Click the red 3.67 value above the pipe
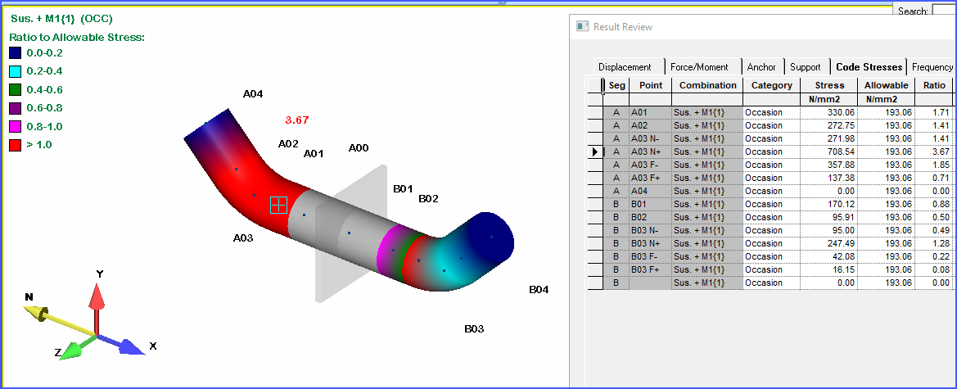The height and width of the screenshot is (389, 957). [296, 120]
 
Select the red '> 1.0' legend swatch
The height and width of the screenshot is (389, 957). [16, 145]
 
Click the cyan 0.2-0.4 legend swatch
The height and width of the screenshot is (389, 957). [16, 71]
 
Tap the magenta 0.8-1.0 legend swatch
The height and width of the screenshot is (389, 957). [16, 126]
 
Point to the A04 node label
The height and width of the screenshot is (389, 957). [253, 93]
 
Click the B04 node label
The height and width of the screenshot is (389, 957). [539, 289]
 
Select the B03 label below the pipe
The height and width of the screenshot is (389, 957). [474, 328]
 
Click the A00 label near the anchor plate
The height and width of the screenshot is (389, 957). [359, 147]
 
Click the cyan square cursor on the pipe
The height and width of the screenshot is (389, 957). [279, 205]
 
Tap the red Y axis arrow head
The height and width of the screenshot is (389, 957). [97, 294]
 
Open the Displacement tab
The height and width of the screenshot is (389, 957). [625, 67]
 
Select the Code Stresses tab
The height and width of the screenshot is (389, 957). [869, 67]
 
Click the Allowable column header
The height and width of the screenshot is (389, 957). [885, 85]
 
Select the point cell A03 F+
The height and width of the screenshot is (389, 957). [644, 178]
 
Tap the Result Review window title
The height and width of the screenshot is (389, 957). [623, 26]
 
